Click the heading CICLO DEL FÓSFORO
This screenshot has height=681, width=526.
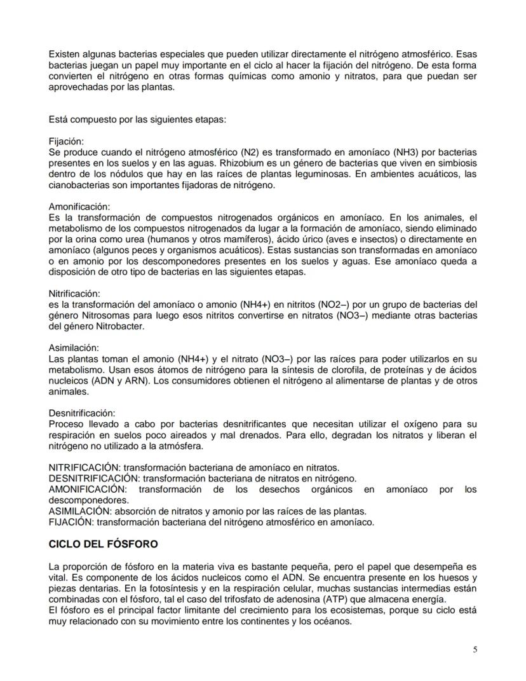tap(104, 544)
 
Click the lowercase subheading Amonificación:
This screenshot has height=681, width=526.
tap(79, 207)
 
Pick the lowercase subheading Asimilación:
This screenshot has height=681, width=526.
tap(74, 348)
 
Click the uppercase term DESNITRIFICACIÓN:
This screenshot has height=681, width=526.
tap(94, 478)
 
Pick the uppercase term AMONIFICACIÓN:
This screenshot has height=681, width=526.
tap(88, 488)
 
